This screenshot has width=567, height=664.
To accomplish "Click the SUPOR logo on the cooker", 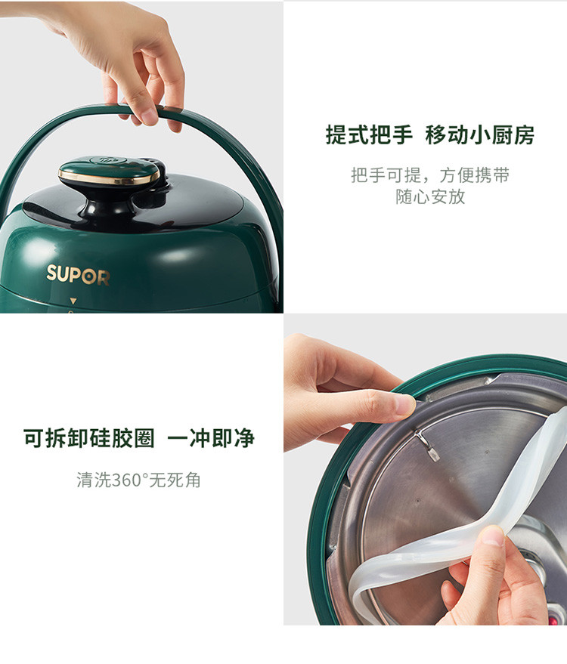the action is (78, 274).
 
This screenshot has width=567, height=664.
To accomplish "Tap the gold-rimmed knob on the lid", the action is (110, 171).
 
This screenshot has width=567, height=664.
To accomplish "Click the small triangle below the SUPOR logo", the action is (73, 301).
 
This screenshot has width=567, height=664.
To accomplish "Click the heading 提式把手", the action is (369, 135).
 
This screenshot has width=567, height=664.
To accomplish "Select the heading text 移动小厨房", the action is (480, 135).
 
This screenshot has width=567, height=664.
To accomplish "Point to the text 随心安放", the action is (430, 196).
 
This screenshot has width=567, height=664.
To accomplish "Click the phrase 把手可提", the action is (386, 175).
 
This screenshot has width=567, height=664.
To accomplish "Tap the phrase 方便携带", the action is (474, 175).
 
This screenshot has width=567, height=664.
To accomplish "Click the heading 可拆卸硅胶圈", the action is (89, 438).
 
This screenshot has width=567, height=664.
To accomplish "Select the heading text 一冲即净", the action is (211, 438).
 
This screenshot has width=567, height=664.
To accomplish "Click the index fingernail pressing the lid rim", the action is (404, 403).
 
